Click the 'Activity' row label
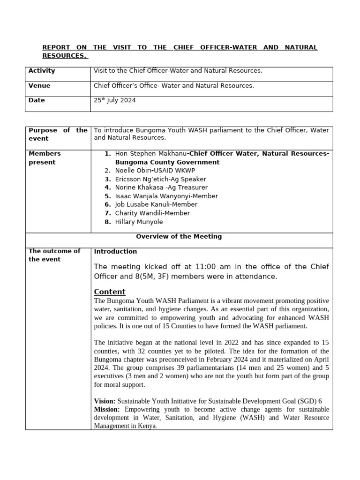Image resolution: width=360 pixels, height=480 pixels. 42,71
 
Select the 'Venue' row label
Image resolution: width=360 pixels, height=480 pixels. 39,86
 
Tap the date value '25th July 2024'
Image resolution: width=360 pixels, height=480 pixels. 115,100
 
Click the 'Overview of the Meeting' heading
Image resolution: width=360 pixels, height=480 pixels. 179,237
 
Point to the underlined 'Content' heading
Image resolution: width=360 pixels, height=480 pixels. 110,292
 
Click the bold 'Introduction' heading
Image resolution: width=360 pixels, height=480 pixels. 115,252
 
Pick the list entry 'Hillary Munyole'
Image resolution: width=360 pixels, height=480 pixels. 139,222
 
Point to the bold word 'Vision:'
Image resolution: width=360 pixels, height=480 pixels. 105,401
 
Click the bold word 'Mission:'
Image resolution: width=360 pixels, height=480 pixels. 107,410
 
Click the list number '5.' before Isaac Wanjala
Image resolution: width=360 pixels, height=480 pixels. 108,196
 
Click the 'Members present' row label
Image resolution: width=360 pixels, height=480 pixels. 45,158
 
